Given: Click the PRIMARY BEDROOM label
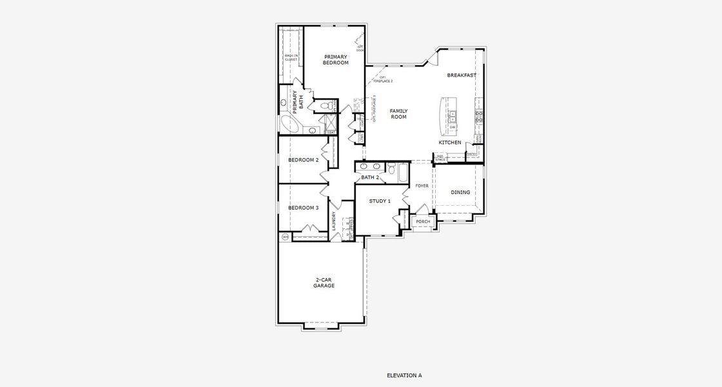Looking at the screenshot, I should click(335, 59).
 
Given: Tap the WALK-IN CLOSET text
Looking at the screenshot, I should click(291, 57).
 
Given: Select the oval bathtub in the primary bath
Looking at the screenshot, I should click(289, 124).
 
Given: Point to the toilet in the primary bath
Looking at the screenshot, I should click(330, 105).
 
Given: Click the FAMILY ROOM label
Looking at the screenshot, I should click(398, 114).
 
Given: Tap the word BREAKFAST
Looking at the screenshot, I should click(462, 75).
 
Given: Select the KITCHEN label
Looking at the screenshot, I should click(450, 142).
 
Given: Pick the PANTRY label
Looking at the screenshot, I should click(471, 154).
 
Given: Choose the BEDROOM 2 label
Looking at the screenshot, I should click(303, 160).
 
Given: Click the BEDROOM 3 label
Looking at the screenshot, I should click(303, 208).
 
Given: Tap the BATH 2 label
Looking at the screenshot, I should click(369, 177).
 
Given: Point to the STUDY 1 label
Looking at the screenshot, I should click(380, 201).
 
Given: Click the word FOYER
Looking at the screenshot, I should click(422, 186).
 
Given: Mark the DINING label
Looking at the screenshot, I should click(460, 192).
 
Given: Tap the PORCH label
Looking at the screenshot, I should click(423, 222).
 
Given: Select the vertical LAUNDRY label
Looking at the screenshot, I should click(334, 221).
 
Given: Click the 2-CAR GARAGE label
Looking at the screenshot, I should click(324, 283).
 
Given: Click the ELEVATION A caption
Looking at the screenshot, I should click(404, 375).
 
